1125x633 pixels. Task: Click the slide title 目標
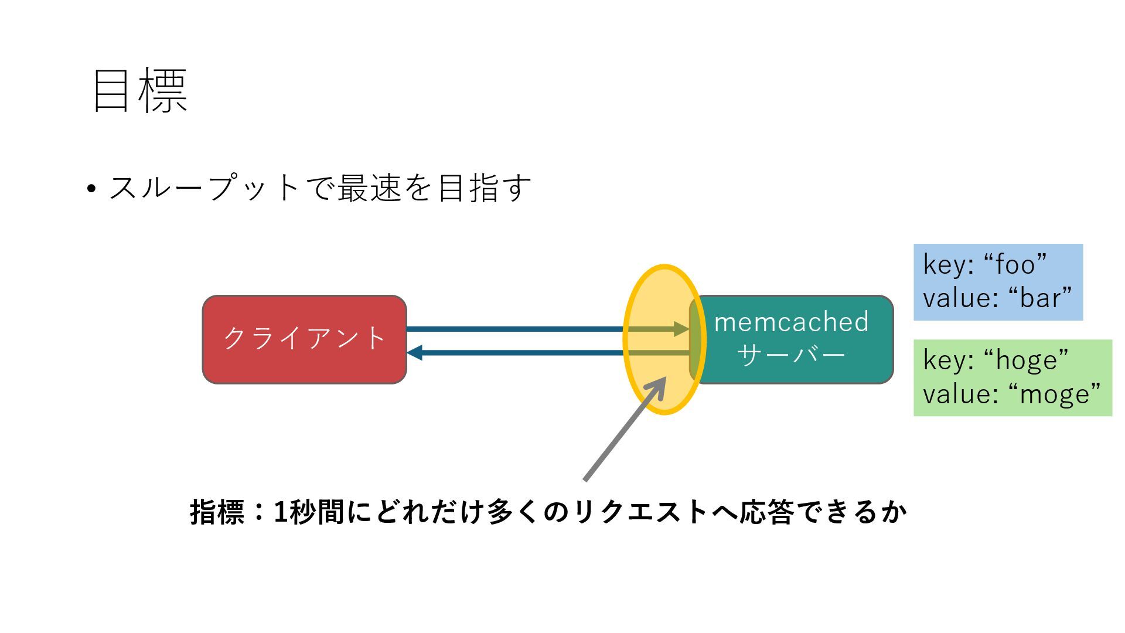(x=140, y=91)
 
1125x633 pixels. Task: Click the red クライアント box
(x=304, y=339)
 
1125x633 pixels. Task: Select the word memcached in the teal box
(x=791, y=322)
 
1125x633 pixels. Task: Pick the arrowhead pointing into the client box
(x=415, y=353)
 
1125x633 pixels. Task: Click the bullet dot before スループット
(x=91, y=189)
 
